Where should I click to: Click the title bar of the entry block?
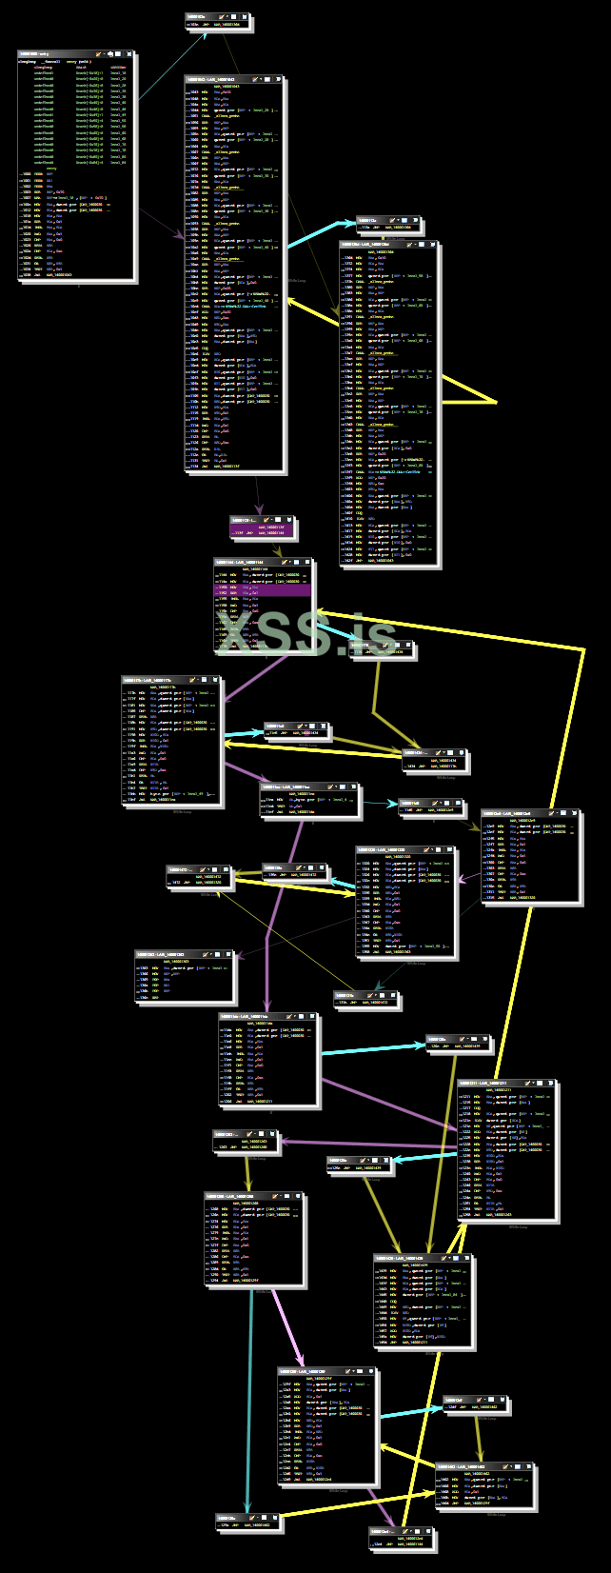tap(57, 54)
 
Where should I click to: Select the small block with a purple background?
tap(262, 528)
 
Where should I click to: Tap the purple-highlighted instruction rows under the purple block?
tap(263, 590)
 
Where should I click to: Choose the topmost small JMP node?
tap(218, 20)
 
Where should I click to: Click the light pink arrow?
tap(289, 1328)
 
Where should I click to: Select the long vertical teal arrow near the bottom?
tap(249, 1400)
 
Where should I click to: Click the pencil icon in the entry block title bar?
tap(102, 54)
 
